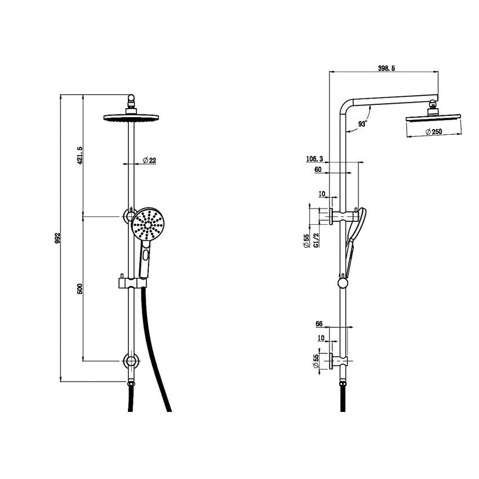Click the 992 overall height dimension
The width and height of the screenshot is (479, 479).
(x=57, y=239)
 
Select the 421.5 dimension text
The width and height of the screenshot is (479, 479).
(x=80, y=156)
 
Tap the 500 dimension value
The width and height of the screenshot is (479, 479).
(x=80, y=288)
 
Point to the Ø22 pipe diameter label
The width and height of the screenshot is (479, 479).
(x=149, y=161)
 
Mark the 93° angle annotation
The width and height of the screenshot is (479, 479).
(x=362, y=123)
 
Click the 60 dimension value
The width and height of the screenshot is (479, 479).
(x=318, y=170)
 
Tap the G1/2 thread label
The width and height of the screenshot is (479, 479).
(x=316, y=240)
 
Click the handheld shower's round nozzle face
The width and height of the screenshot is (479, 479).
(x=148, y=226)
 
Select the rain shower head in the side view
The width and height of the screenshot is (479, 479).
(x=433, y=118)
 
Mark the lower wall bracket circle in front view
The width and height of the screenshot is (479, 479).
(x=131, y=361)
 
